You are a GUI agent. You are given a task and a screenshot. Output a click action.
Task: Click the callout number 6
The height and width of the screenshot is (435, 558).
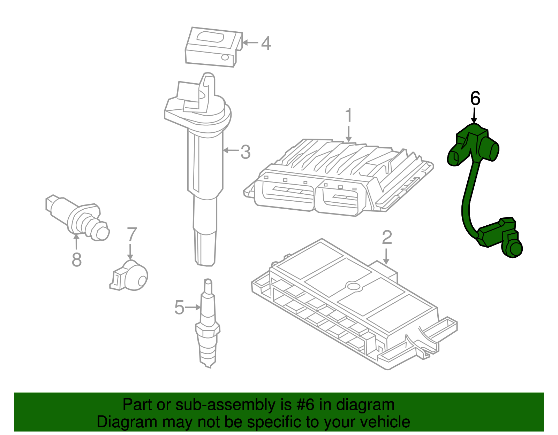click(x=475, y=99)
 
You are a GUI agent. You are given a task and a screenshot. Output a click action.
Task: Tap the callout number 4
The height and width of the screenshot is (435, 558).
click(x=266, y=44)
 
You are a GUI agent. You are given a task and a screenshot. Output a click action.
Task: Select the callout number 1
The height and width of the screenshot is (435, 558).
click(x=348, y=116)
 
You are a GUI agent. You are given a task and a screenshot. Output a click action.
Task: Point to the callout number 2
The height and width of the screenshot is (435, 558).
click(x=387, y=238)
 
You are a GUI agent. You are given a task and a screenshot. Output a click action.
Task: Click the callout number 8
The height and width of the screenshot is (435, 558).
click(x=77, y=260)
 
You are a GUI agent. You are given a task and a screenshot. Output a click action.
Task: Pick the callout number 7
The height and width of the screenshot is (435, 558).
click(x=131, y=234)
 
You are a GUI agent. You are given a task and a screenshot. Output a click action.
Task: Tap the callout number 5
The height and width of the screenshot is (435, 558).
click(x=179, y=308)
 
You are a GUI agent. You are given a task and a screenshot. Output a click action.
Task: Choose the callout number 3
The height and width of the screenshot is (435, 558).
click(x=246, y=152)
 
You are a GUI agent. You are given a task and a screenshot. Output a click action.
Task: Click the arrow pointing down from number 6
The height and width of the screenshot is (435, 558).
click(x=474, y=115)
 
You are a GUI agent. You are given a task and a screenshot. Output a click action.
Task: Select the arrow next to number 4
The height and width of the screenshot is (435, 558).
click(x=250, y=43)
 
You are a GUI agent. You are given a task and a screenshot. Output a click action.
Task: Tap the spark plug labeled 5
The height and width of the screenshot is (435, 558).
click(x=208, y=327)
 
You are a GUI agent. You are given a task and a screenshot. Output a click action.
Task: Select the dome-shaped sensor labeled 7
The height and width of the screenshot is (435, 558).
click(x=131, y=277)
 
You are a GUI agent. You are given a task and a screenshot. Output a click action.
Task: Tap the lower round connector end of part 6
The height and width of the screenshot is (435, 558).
click(x=514, y=249)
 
